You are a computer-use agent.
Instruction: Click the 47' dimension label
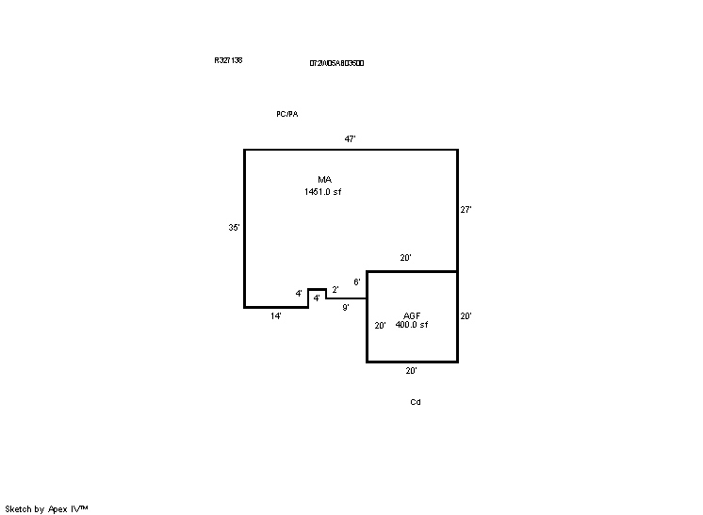(350, 139)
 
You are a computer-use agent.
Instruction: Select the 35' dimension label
(234, 227)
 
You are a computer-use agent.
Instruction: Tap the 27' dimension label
(466, 211)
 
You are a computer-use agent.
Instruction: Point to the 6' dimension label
(357, 282)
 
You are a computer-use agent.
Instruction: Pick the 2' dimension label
(335, 290)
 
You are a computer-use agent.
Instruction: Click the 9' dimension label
(346, 307)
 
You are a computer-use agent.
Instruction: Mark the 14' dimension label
(276, 316)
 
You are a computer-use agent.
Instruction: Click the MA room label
(324, 179)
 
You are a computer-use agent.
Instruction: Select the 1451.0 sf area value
(322, 191)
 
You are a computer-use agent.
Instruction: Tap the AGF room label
(412, 315)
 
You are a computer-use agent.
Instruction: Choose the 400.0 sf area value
(412, 325)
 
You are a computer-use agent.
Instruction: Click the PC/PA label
(286, 114)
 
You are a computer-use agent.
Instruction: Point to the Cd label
(415, 402)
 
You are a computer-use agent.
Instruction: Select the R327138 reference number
(228, 60)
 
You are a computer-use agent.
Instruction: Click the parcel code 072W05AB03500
(336, 63)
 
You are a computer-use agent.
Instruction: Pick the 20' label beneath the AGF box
(411, 371)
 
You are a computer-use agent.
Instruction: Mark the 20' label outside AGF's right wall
(466, 317)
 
